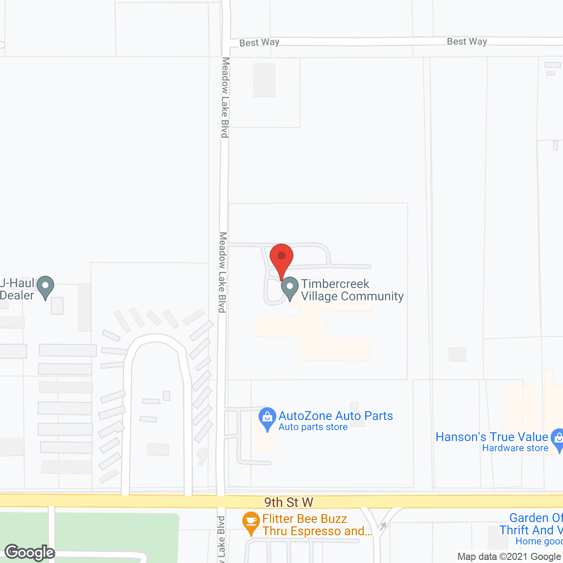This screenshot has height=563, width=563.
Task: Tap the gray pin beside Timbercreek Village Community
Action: [290, 288]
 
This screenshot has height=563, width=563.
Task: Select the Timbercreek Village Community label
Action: [352, 290]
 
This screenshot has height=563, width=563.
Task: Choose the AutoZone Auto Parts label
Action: [336, 416]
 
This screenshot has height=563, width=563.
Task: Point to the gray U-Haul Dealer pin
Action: [45, 287]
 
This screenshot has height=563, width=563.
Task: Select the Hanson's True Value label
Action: [492, 437]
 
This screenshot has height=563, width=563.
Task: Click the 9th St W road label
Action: [289, 502]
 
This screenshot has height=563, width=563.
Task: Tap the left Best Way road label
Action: [260, 43]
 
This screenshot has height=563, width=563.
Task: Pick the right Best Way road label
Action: [467, 41]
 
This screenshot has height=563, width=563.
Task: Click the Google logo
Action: [30, 552]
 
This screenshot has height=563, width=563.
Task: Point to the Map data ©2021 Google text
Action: [509, 556]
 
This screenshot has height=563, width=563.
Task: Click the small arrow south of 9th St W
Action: [383, 526]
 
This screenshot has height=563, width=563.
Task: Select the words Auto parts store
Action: [313, 427]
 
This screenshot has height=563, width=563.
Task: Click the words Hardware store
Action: [515, 448]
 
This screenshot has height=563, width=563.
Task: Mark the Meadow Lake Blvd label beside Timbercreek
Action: [223, 272]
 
